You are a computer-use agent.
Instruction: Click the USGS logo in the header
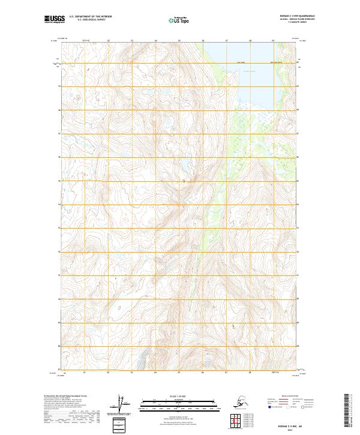coord(56,20)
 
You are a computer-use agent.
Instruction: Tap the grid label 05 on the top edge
coord(179,41)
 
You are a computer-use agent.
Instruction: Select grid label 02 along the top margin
coord(109,41)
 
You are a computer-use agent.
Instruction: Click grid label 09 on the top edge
coord(273,41)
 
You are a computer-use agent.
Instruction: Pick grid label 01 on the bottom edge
coord(85,373)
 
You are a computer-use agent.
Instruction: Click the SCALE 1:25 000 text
coord(179,394)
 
